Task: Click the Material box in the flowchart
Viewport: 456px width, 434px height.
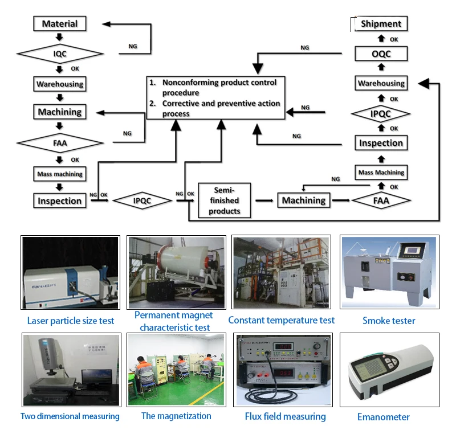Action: point(60,24)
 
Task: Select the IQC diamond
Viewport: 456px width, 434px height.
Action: point(60,54)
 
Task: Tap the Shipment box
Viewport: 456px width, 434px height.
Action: point(381,24)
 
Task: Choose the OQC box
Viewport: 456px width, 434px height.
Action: point(381,54)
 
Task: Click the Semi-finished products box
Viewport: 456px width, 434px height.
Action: point(224,200)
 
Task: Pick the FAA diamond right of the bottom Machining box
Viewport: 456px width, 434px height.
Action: point(381,200)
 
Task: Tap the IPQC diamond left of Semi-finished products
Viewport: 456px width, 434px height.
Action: point(142,201)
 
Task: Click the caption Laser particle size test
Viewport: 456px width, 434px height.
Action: point(71,321)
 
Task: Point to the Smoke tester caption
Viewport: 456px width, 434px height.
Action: point(389,321)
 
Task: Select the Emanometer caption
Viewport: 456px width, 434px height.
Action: point(383,417)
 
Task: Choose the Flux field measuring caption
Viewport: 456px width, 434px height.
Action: point(285,416)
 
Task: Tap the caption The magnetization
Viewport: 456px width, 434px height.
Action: point(176,416)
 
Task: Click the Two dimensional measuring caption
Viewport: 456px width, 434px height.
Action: point(70,416)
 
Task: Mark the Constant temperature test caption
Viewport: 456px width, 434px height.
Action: point(282,320)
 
